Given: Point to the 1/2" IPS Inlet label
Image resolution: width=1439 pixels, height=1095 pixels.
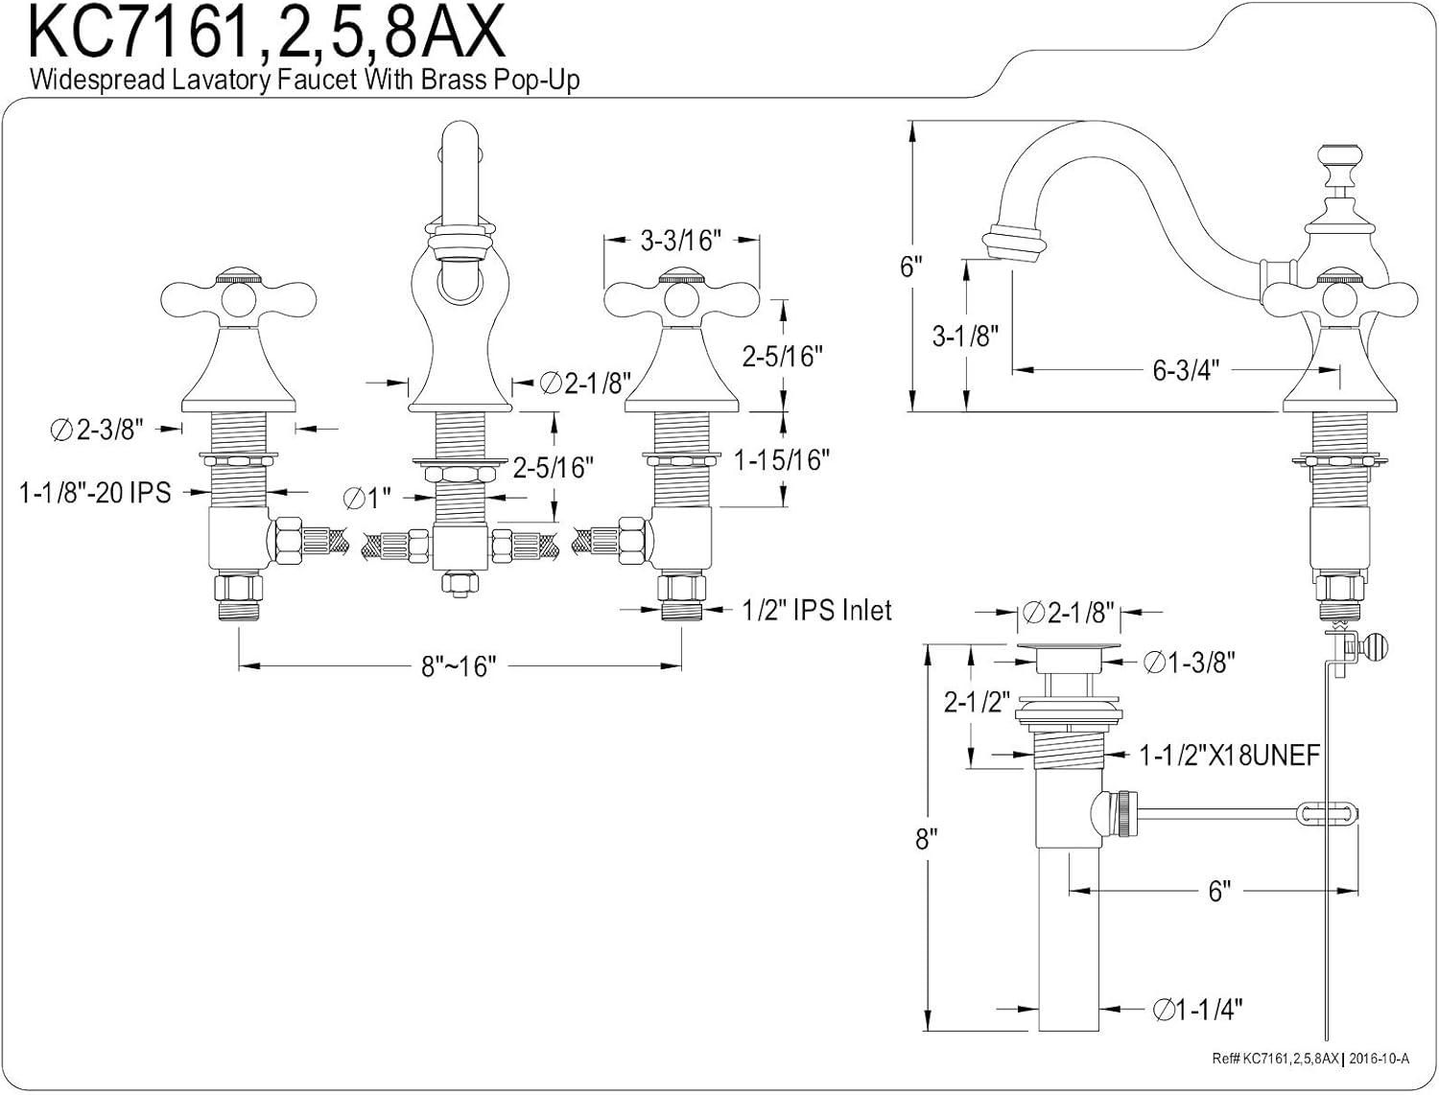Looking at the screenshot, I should coord(816,610).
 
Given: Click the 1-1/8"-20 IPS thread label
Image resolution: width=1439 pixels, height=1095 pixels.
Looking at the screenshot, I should coord(95,493).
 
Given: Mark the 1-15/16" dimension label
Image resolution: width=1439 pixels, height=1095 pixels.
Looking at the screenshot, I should coord(781,460).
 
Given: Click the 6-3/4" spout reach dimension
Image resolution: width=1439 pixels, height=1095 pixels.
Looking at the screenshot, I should coord(1185,370).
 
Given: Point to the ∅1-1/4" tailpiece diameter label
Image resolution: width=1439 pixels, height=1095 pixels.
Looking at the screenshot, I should coord(1198,1009).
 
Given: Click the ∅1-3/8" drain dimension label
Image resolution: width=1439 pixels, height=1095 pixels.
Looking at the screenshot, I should coord(1190,662).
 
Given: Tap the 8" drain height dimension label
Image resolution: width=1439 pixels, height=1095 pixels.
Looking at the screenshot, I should coord(925,840).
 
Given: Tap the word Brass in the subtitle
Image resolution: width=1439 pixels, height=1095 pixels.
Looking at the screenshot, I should coord(450,79).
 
